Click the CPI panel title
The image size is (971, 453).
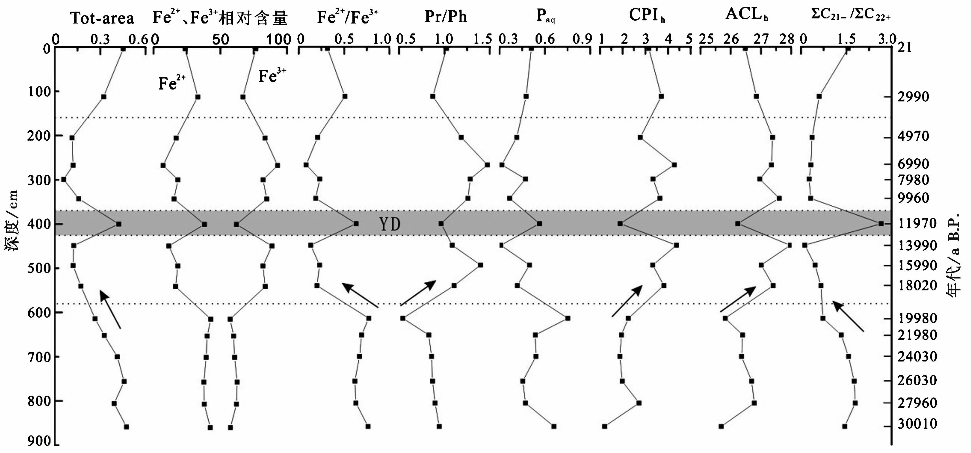click(x=647, y=16)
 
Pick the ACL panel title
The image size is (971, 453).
click(x=747, y=15)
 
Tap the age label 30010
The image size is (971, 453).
click(x=917, y=424)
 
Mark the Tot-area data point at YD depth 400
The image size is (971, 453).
click(x=118, y=224)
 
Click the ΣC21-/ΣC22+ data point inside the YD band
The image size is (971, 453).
click(x=881, y=224)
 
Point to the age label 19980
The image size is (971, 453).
click(x=917, y=318)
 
